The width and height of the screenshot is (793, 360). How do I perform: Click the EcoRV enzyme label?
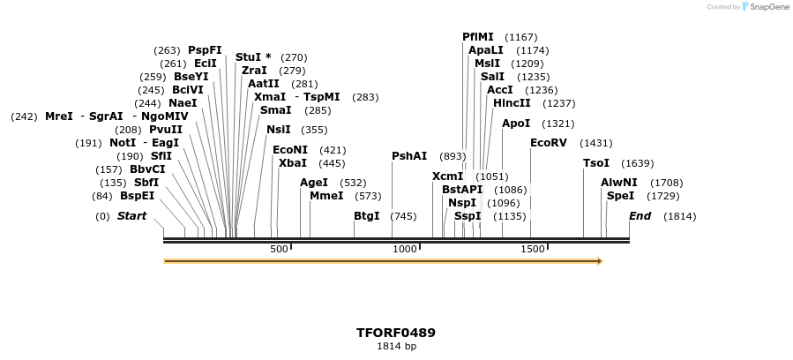tap(548, 143)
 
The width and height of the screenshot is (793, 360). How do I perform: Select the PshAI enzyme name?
tap(409, 156)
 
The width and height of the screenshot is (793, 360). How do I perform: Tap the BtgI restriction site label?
tap(367, 216)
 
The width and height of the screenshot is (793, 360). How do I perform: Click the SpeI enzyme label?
tap(620, 196)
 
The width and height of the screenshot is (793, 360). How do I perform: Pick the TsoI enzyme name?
tap(596, 163)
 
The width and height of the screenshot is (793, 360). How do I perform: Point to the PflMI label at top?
tap(478, 37)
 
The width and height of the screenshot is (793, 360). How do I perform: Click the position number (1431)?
tap(595, 143)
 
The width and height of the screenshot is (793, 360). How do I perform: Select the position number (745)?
tap(403, 216)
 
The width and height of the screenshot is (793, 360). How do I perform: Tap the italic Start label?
tap(131, 216)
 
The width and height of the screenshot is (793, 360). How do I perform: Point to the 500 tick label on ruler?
tap(279, 250)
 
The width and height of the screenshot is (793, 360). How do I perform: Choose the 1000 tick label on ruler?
tap(405, 250)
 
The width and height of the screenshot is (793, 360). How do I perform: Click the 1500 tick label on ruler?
tap(532, 250)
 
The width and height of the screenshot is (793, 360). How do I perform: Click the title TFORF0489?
tap(396, 333)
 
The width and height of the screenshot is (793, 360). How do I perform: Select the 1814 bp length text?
tap(396, 346)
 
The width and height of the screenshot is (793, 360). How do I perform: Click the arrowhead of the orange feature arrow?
tap(599, 261)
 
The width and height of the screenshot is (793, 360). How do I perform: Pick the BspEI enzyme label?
tap(137, 196)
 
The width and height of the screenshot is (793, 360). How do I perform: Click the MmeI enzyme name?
tap(326, 196)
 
